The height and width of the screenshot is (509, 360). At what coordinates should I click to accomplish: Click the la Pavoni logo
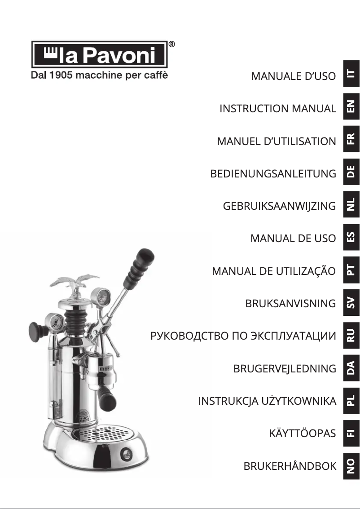tap(99, 54)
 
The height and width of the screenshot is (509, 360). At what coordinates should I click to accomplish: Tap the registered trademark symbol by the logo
tap(171, 44)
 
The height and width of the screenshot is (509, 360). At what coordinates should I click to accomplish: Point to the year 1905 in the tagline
tap(61, 75)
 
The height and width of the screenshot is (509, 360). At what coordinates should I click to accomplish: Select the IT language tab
tap(351, 74)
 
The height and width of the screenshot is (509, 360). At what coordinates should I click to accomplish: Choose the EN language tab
tap(351, 106)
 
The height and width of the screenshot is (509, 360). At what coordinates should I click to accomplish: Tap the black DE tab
tap(351, 172)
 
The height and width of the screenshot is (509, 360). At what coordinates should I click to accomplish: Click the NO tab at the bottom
tap(351, 466)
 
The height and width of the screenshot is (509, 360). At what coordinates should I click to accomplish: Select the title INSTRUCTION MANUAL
tap(277, 108)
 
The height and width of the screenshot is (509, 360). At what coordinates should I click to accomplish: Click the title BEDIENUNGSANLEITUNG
tap(273, 173)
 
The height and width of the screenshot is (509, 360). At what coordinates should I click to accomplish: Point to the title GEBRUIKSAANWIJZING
tap(279, 206)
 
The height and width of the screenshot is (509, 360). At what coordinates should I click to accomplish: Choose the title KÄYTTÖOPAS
tap(302, 433)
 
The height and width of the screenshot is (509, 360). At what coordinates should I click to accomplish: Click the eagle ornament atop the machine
tap(75, 284)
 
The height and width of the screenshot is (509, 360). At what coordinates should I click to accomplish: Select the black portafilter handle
tap(107, 396)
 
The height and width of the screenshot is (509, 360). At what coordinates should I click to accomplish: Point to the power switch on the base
tap(125, 454)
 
